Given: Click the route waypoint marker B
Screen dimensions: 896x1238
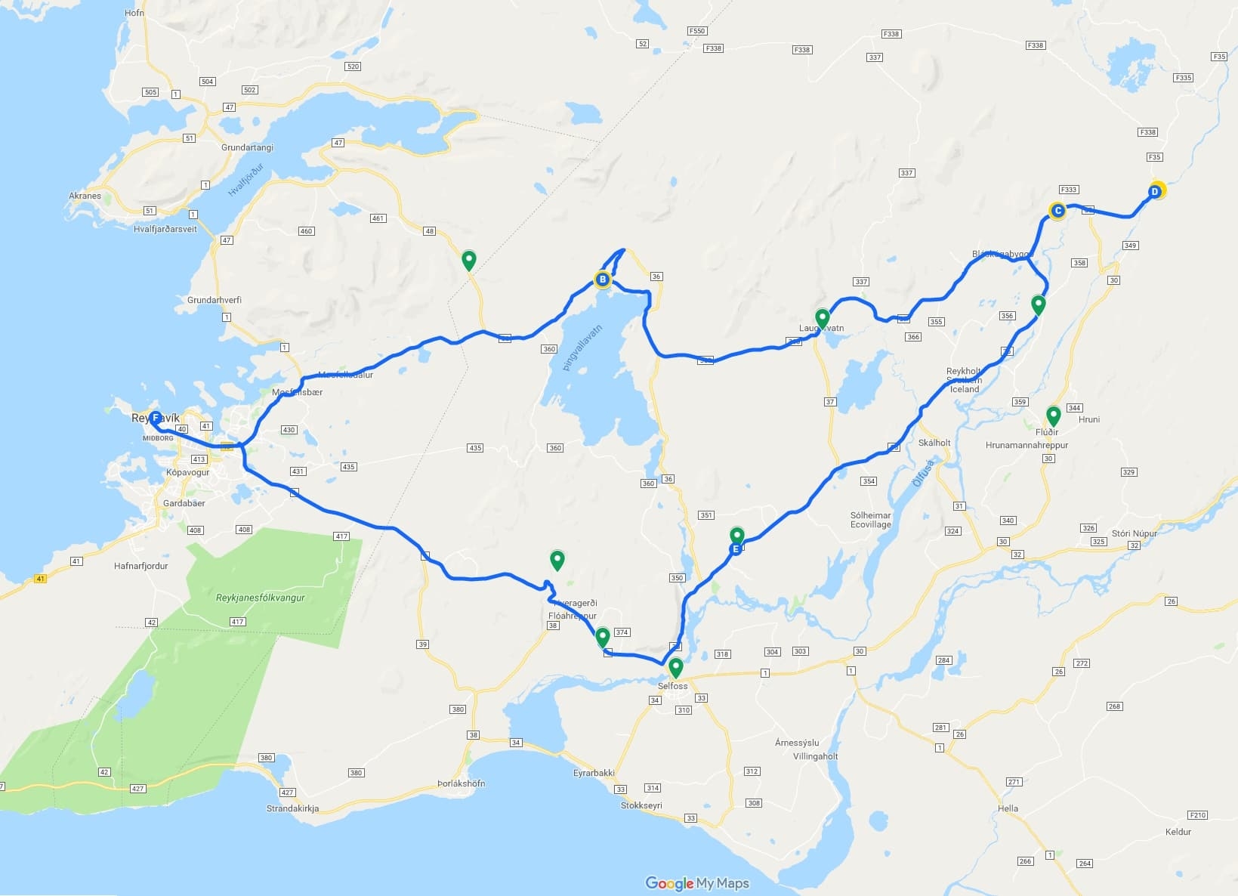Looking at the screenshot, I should (x=602, y=280).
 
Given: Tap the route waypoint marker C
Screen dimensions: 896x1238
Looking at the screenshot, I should (x=1057, y=211).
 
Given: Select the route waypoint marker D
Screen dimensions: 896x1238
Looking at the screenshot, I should (x=1155, y=192).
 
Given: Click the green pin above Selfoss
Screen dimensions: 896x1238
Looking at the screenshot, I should (x=675, y=668).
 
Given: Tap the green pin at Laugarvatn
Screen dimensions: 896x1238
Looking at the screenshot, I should (x=822, y=318).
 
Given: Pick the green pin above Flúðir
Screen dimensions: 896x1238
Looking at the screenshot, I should (x=1053, y=416).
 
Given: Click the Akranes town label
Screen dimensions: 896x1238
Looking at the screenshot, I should (x=85, y=196).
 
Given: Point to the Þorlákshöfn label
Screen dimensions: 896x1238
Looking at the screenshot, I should (x=461, y=783).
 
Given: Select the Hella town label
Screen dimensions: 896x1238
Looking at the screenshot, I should (x=1008, y=808).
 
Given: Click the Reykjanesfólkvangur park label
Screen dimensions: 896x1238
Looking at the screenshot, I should (x=261, y=598).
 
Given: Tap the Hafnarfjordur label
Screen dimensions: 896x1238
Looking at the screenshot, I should (x=140, y=566).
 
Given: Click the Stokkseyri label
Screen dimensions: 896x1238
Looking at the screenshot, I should (x=641, y=805).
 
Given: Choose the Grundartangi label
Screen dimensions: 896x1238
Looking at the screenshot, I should (x=247, y=147).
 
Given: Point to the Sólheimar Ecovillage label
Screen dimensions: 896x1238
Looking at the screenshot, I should (x=871, y=520).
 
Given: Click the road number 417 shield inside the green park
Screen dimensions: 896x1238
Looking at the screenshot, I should (x=237, y=622).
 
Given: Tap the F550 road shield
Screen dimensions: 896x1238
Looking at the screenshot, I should (x=696, y=31).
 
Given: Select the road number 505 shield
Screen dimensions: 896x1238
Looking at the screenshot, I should (x=150, y=92).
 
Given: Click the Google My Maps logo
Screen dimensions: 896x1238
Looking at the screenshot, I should (x=696, y=883).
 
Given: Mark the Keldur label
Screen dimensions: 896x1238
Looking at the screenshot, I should (x=1178, y=832).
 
